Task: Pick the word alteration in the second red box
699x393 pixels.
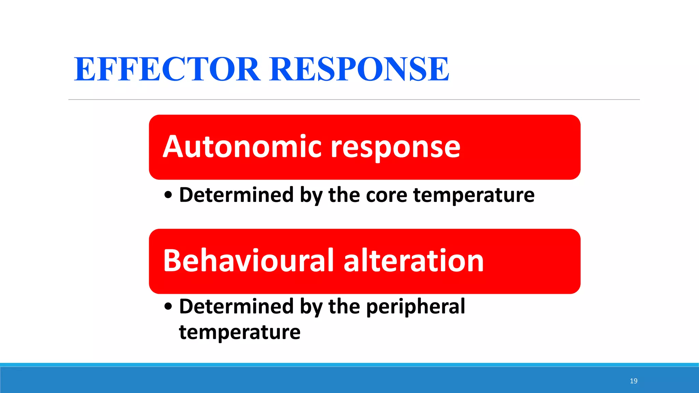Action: pos(413,261)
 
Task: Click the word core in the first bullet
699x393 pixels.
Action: pos(386,195)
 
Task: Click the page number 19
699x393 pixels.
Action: pos(633,381)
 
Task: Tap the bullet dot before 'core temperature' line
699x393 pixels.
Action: pos(168,195)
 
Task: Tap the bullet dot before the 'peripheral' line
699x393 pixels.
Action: pos(168,306)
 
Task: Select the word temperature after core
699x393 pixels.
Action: pos(474,195)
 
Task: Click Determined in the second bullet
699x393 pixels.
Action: pos(236,306)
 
